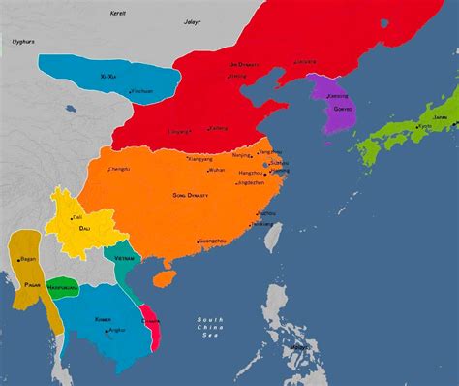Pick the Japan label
pyautogui.click(x=439, y=116)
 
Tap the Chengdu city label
pyautogui.click(x=119, y=170)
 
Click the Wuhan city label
pyautogui.click(x=216, y=170)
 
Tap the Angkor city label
pyautogui.click(x=116, y=330)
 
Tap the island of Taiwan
pyautogui.click(x=272, y=234)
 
